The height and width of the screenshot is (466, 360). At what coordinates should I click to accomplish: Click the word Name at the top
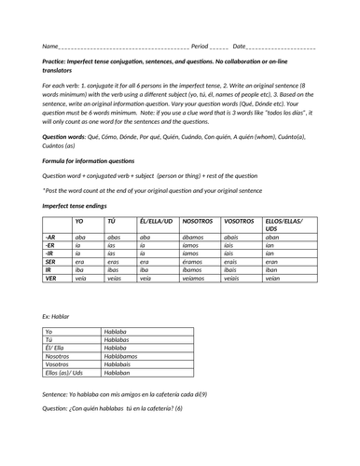coord(49,46)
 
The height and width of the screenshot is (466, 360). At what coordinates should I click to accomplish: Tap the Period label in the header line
coord(199,46)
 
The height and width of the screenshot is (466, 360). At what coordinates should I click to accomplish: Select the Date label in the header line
coord(240,46)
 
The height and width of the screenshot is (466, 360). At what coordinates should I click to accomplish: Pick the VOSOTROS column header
coord(240,221)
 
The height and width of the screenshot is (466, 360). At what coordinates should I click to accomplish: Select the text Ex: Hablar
coord(57,317)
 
